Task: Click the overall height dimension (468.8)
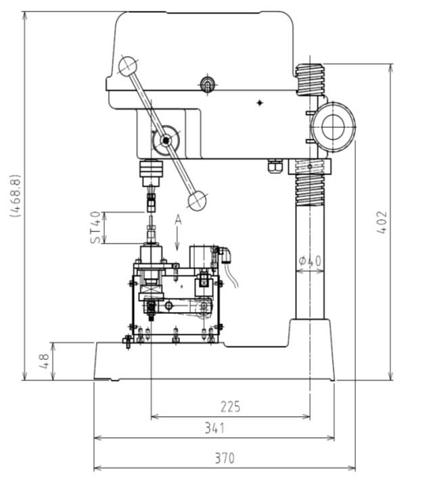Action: pos(16,196)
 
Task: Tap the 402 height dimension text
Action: pos(382,223)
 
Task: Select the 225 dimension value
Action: pos(231,407)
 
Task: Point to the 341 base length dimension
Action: pos(214,428)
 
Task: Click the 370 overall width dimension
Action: pos(225,458)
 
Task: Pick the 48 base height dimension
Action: pos(44,361)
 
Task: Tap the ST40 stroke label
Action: pos(95,227)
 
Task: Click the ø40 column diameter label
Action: pos(311,261)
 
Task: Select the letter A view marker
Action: pos(178,219)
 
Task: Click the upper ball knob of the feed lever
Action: pos(128,66)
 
